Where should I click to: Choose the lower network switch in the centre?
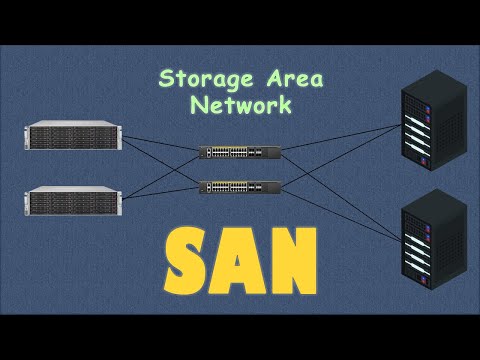(x=240, y=186)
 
